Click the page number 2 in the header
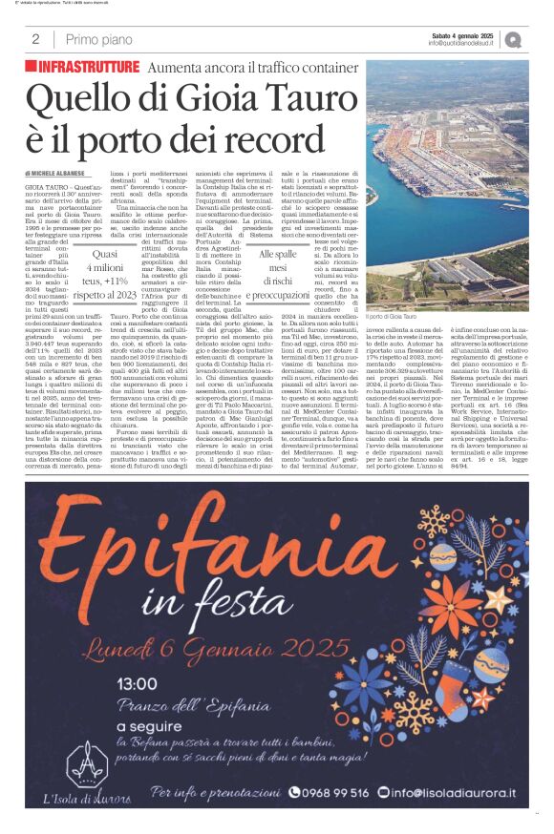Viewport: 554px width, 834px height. (35, 39)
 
